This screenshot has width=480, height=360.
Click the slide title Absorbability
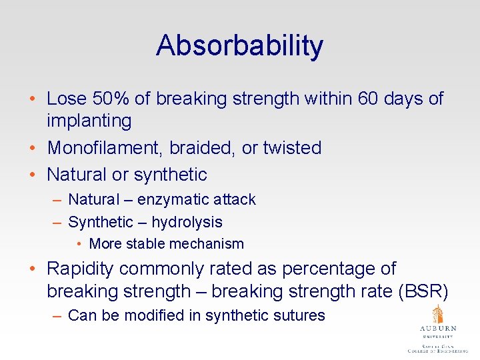coord(239,45)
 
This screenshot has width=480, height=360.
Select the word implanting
coord(89,121)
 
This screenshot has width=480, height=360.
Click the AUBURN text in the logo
coord(437,329)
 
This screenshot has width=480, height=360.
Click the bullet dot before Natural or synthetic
coord(33,175)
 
